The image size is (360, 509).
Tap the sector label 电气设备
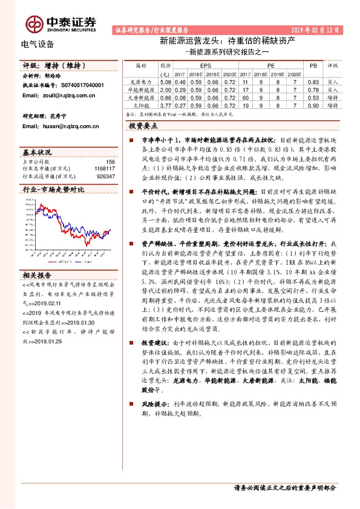pyautogui.click(x=37, y=44)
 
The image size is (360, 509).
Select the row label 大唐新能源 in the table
pyautogui.click(x=141, y=96)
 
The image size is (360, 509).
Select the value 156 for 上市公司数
pyautogui.click(x=110, y=162)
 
